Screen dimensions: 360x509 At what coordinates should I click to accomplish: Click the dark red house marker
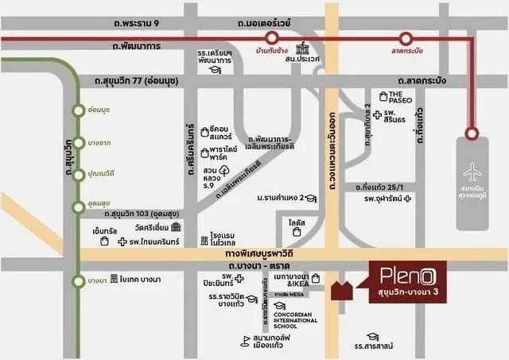pyautogui.click(x=343, y=292)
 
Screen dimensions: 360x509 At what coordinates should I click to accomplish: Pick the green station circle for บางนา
pyautogui.click(x=77, y=280)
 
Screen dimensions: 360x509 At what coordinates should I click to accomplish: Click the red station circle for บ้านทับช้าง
pyautogui.click(x=272, y=37)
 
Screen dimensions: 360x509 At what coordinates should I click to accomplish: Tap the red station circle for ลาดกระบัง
pyautogui.click(x=406, y=37)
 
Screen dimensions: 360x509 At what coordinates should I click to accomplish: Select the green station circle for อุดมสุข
pyautogui.click(x=77, y=207)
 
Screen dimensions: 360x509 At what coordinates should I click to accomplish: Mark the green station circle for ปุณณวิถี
pyautogui.click(x=78, y=173)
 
